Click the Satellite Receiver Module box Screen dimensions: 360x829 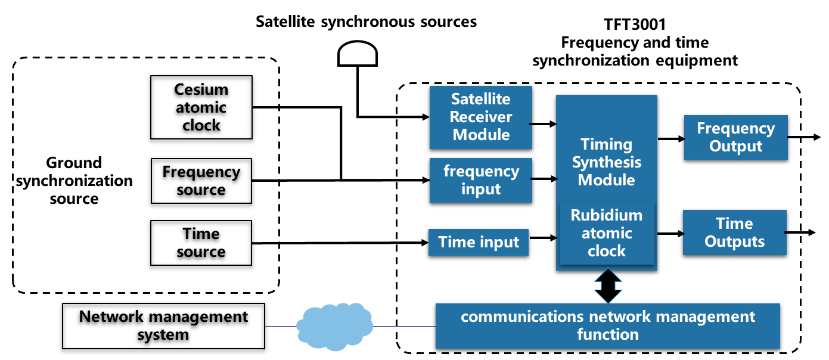(x=480, y=117)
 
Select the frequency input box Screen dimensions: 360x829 (x=480, y=180)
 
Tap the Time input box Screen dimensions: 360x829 (x=479, y=242)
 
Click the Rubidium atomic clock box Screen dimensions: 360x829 (x=607, y=233)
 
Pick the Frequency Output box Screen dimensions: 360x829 (x=735, y=138)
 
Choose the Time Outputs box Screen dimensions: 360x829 (x=734, y=232)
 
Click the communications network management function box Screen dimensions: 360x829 (x=607, y=325)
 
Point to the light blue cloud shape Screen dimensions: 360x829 (x=334, y=327)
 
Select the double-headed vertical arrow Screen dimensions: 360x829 (x=608, y=287)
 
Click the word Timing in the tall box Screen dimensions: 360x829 (x=607, y=144)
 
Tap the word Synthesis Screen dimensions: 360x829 (x=607, y=162)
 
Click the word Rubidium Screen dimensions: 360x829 (x=607, y=215)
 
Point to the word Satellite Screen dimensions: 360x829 (x=480, y=99)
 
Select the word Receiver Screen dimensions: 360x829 (x=480, y=117)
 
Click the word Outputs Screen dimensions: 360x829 (x=734, y=241)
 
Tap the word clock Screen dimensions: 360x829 (x=607, y=251)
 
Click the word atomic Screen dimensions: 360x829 (x=607, y=233)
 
